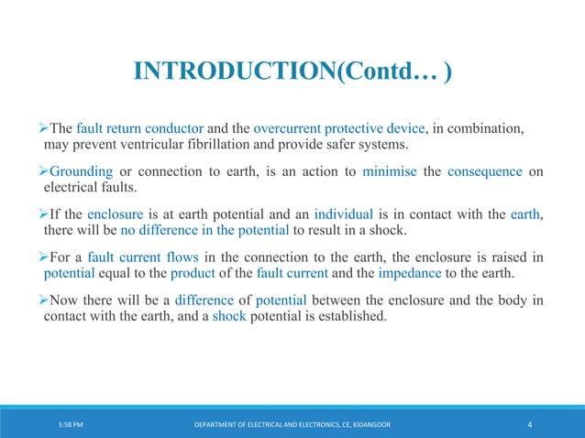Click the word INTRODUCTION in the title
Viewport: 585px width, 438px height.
pos(234,71)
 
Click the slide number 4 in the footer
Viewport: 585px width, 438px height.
pos(531,425)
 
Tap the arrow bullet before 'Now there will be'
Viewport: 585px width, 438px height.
pos(50,301)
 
